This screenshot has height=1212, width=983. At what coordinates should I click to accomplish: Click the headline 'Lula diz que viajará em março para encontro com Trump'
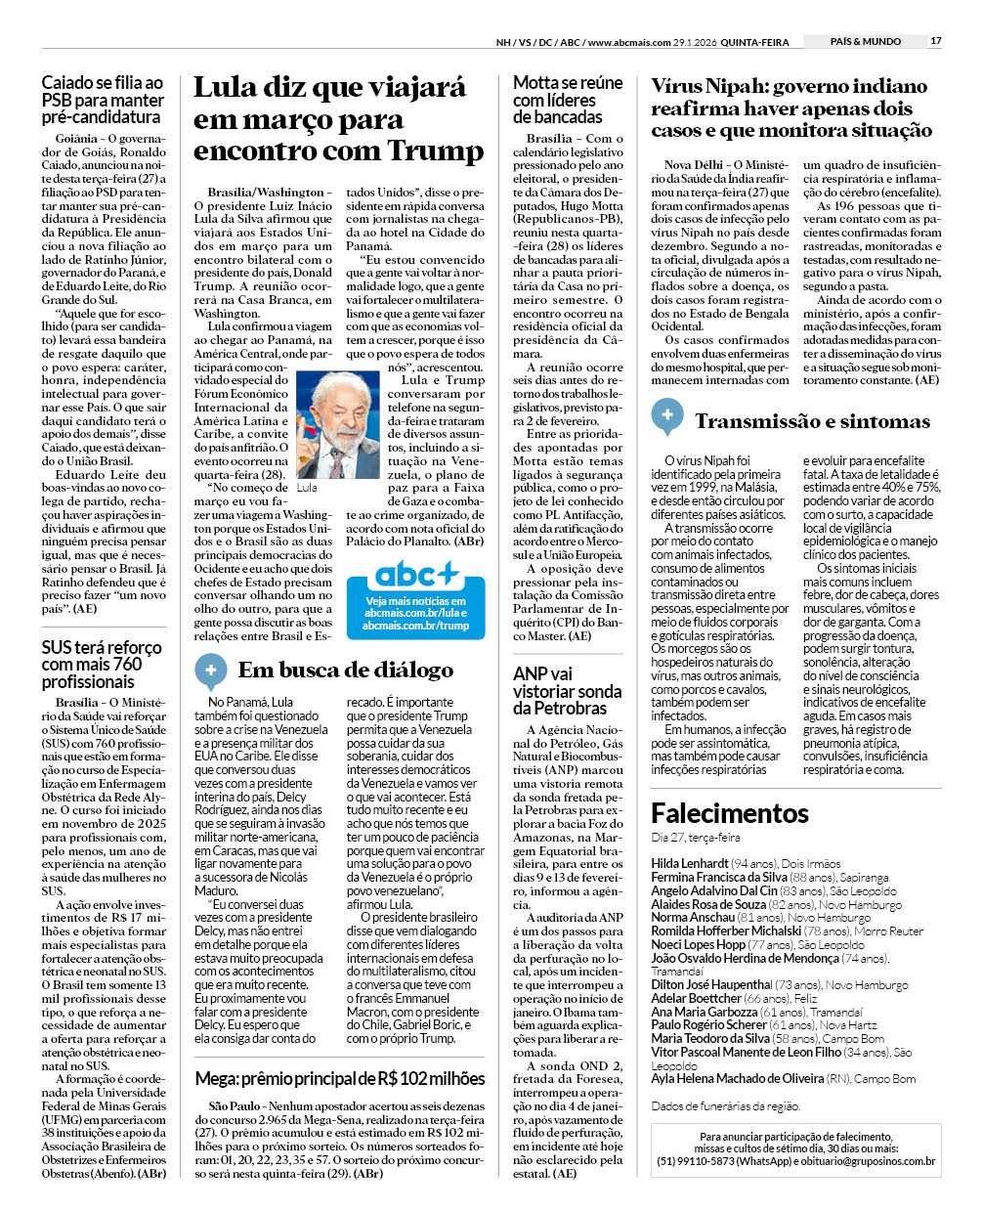tap(338, 119)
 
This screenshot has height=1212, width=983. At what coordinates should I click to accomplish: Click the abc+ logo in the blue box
tap(415, 574)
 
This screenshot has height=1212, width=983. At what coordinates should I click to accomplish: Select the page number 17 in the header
tap(935, 41)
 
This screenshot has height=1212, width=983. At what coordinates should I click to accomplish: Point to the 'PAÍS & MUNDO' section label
tap(865, 41)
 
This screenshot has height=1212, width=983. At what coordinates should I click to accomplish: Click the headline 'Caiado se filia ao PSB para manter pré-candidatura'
tap(103, 100)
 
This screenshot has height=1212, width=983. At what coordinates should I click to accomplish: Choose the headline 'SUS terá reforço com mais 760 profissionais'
tap(102, 665)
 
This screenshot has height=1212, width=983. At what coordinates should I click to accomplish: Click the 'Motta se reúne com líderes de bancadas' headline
tap(568, 100)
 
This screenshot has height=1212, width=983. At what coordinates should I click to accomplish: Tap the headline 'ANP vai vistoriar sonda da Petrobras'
tap(567, 691)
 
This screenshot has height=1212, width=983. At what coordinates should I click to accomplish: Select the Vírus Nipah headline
tap(791, 108)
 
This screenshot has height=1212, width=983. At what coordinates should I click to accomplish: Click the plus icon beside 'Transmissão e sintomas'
tap(667, 415)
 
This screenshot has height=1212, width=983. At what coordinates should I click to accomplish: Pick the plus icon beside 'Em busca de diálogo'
tap(210, 670)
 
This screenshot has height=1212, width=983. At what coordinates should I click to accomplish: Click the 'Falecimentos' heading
tap(730, 813)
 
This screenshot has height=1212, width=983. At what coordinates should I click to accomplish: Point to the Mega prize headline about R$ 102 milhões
tap(340, 1079)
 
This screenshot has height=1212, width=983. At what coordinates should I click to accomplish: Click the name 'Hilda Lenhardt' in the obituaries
tap(690, 863)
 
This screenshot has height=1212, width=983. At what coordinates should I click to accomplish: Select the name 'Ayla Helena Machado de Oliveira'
tap(737, 1078)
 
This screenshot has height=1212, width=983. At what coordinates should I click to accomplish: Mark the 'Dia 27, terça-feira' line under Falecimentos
tap(696, 838)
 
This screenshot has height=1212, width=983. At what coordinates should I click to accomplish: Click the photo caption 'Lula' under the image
tap(307, 487)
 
